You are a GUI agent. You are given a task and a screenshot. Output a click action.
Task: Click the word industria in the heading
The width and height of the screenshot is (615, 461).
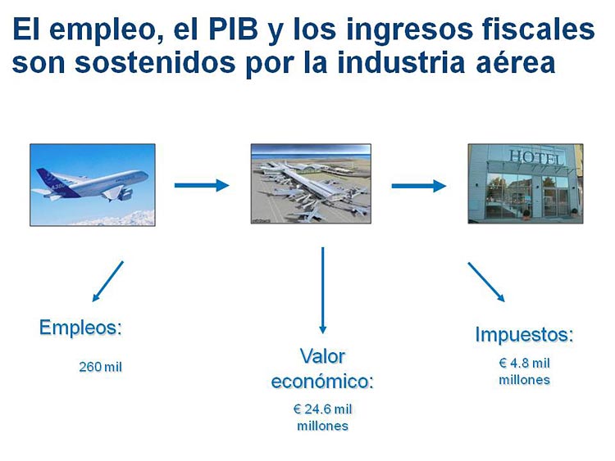click(x=401, y=62)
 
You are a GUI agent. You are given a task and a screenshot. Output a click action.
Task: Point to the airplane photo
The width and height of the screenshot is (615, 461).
click(x=93, y=185)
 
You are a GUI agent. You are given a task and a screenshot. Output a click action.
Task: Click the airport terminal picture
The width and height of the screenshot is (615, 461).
click(x=311, y=183)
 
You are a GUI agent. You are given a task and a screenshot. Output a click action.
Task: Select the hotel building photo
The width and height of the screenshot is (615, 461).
click(x=526, y=183)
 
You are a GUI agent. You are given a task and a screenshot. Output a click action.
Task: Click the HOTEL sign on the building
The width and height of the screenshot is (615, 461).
click(x=536, y=157)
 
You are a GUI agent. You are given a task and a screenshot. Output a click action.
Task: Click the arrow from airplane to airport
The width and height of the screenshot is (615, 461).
click(x=202, y=185)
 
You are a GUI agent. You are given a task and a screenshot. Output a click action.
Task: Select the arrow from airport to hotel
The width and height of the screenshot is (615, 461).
click(x=419, y=186)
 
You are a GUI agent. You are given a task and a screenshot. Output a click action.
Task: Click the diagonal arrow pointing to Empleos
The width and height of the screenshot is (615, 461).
click(x=108, y=281)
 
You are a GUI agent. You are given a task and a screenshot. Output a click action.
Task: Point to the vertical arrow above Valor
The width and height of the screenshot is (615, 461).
click(x=323, y=290)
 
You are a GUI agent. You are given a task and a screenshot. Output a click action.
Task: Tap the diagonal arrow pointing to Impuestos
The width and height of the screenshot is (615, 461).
click(x=486, y=282)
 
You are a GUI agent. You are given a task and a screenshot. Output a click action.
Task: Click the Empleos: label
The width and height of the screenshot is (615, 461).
click(x=81, y=328)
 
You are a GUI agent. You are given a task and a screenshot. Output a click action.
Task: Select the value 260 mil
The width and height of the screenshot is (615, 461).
click(x=100, y=367)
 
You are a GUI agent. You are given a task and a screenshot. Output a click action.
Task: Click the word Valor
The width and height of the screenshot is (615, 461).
click(x=322, y=356)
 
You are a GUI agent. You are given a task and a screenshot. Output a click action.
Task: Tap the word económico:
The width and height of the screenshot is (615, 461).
click(x=322, y=382)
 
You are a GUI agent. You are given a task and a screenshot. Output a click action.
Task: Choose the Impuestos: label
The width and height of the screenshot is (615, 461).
click(x=525, y=335)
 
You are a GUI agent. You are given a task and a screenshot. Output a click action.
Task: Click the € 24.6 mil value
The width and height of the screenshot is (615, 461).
click(x=322, y=409)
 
